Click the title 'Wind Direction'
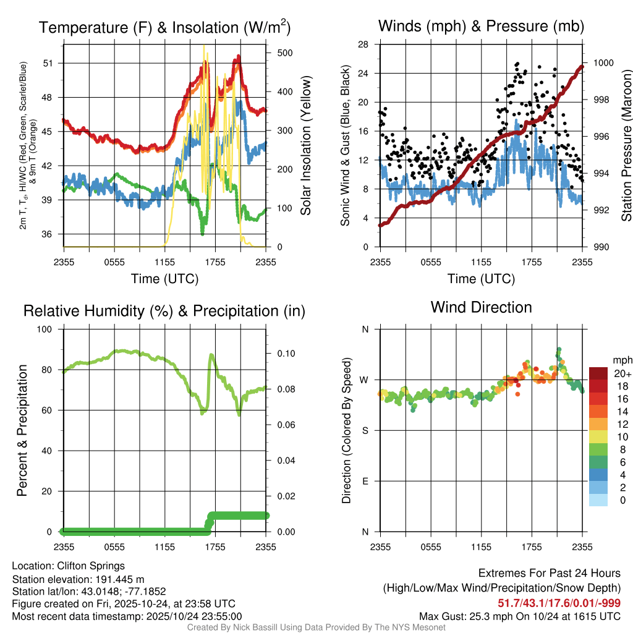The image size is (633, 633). pyautogui.click(x=481, y=307)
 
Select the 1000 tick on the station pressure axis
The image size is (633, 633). pyautogui.click(x=603, y=62)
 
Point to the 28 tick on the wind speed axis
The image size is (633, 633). pyautogui.click(x=364, y=45)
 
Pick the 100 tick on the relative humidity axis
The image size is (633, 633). pyautogui.click(x=45, y=329)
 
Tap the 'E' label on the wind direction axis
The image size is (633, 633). pyautogui.click(x=365, y=481)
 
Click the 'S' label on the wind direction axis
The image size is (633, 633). pyautogui.click(x=365, y=430)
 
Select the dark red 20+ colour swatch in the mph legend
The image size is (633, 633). pyautogui.click(x=598, y=373)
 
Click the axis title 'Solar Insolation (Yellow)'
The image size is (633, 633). pyautogui.click(x=305, y=145)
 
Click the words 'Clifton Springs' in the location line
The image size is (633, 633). pyautogui.click(x=91, y=566)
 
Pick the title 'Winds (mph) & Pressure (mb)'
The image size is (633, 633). pyautogui.click(x=481, y=27)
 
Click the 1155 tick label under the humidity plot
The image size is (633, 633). pyautogui.click(x=166, y=546)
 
